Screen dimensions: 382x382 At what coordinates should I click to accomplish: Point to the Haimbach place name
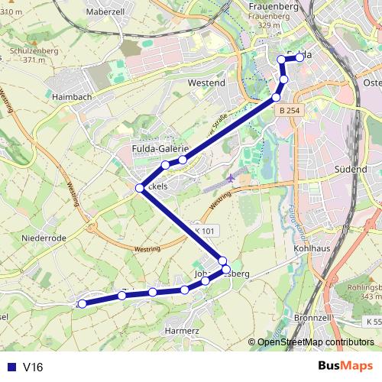(73, 98)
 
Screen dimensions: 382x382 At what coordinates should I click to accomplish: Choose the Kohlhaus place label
(310, 249)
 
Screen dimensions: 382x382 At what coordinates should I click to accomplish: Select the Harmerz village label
(181, 332)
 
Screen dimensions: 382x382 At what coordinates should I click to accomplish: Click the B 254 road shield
(290, 111)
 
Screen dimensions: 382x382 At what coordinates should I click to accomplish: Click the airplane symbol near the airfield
(231, 178)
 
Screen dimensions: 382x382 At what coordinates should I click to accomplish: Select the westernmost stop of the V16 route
(83, 303)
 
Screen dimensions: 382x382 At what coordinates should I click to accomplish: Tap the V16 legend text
(33, 367)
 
